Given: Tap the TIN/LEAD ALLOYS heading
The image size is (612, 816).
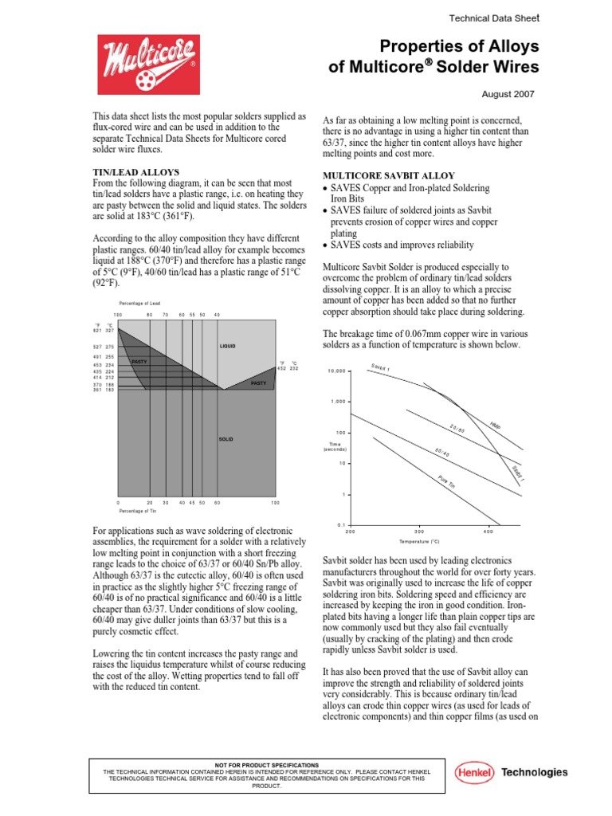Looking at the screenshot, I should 136,172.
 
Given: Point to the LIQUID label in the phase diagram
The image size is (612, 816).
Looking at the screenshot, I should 229,347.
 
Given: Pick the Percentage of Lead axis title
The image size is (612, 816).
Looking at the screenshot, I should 139,303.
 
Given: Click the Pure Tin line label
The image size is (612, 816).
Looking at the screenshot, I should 446,482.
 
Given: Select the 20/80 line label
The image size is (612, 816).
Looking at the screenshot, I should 457,430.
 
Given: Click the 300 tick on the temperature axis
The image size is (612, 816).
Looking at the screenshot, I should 419,532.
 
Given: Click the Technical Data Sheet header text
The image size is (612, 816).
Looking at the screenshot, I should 494,17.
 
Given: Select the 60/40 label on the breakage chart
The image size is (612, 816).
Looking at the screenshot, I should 443,453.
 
